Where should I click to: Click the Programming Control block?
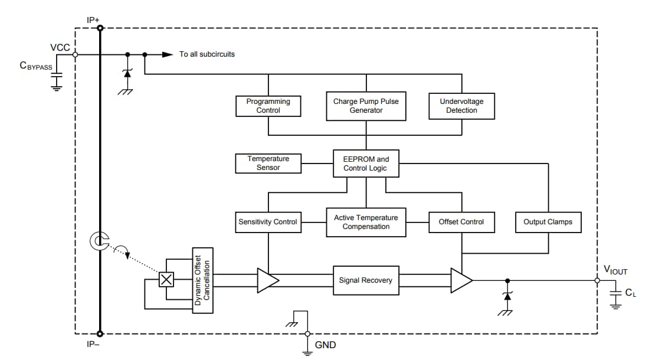tap(268, 106)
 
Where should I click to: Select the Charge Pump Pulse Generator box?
tap(366, 106)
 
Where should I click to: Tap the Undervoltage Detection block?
tap(461, 106)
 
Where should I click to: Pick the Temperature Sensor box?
tap(268, 163)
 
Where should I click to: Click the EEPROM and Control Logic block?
tap(366, 163)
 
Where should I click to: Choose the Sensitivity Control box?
tap(268, 222)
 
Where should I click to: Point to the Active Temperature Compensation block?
tap(366, 222)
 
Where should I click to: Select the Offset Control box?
tap(461, 222)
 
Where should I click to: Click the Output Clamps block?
tap(548, 222)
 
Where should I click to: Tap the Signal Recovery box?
tap(366, 280)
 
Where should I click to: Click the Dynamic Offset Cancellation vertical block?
tap(202, 280)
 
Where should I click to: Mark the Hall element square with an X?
tap(167, 280)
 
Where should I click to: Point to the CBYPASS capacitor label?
tap(36, 66)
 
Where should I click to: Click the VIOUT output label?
tap(615, 271)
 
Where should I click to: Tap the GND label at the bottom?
tap(325, 345)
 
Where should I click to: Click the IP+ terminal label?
tap(93, 19)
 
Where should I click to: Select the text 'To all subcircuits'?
tap(207, 54)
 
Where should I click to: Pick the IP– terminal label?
tap(93, 344)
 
